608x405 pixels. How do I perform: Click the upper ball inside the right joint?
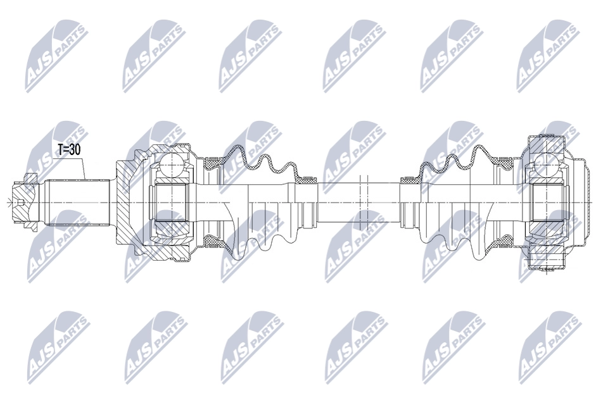(x=543, y=166)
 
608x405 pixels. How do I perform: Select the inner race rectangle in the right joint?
(x=543, y=202)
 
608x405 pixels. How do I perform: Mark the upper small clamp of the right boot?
(x=408, y=180)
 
